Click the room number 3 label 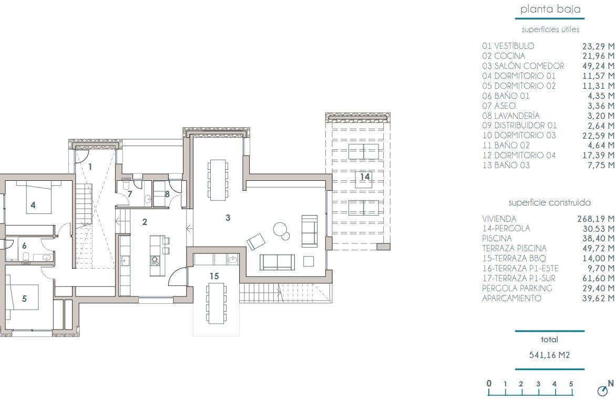tap(228, 218)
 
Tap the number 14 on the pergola tap(365, 177)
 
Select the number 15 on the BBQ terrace tap(214, 276)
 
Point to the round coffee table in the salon tap(281, 229)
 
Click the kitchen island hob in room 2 tap(155, 261)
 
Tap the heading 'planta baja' tap(550, 9)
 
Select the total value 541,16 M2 tap(549, 355)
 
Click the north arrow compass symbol tap(602, 391)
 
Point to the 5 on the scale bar tap(571, 384)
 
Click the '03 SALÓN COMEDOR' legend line tap(523, 66)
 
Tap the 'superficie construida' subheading tap(549, 202)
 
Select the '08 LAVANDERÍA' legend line tap(511, 116)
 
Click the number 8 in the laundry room tap(168, 194)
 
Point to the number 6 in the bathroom tap(24, 246)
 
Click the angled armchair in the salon tap(256, 241)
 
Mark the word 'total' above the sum tap(549, 340)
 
